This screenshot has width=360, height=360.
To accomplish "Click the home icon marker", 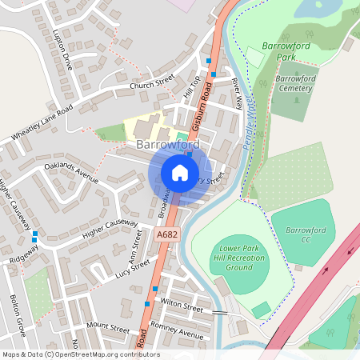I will coord(180,173).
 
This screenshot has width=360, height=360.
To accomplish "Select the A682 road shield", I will coord(166,234).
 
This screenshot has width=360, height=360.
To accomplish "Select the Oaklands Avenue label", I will coord(71,175).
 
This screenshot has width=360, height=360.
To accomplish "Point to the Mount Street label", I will coord(108,328).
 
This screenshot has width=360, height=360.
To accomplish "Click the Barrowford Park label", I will coord(288,52).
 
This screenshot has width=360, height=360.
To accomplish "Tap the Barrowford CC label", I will coord(306,235).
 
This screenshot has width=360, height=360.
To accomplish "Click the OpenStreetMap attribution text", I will coord(81,354).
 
